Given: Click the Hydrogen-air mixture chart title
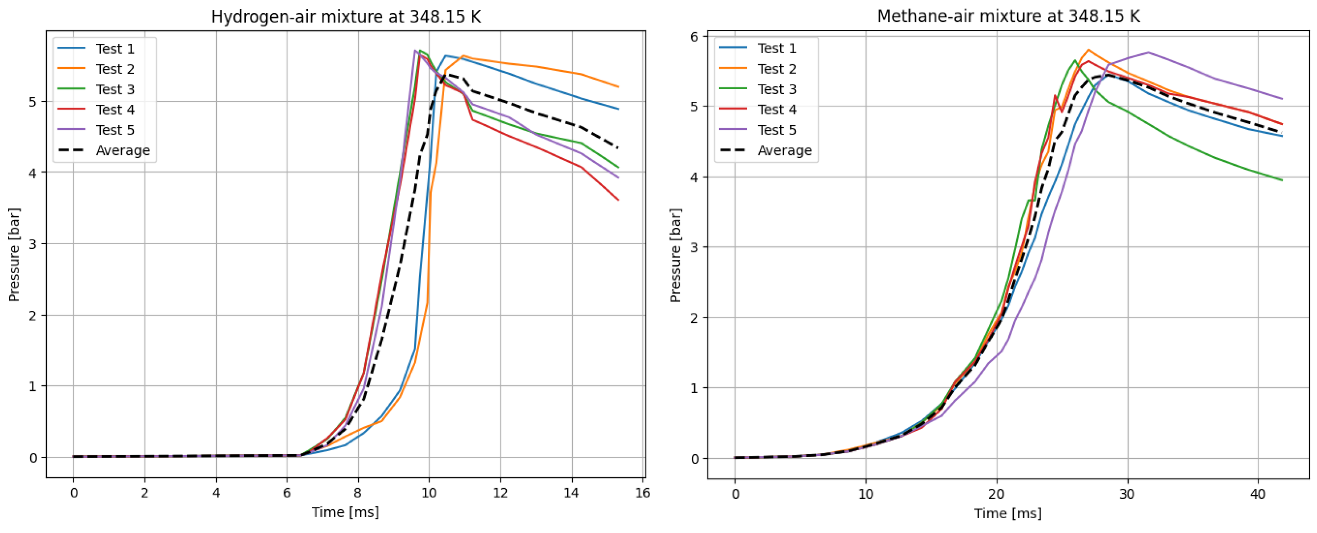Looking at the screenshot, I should tap(345, 17).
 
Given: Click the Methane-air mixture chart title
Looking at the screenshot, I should tap(1008, 16).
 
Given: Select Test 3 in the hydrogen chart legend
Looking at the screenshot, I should tap(115, 90).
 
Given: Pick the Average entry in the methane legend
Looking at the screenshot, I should tap(784, 150).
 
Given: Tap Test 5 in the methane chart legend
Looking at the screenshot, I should tap(777, 130).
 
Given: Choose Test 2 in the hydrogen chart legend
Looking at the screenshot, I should tap(115, 69).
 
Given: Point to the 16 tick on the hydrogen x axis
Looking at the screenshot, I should tap(642, 493).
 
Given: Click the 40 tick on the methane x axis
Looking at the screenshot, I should tap(1258, 494).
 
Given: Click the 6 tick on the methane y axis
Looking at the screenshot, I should tap(694, 37).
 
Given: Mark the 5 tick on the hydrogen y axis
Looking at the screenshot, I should tap(33, 102).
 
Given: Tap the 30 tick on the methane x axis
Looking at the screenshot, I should tap(1127, 494).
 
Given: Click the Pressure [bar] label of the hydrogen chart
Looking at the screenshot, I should tap(14, 254).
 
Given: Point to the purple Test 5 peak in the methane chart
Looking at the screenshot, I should tap(1148, 53).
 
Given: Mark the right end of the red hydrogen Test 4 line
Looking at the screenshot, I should tap(619, 200).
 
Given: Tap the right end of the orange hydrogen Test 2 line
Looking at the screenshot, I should tap(619, 87).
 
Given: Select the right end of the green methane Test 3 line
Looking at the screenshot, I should tap(1282, 180).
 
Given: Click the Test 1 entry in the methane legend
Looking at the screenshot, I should tap(777, 48).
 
